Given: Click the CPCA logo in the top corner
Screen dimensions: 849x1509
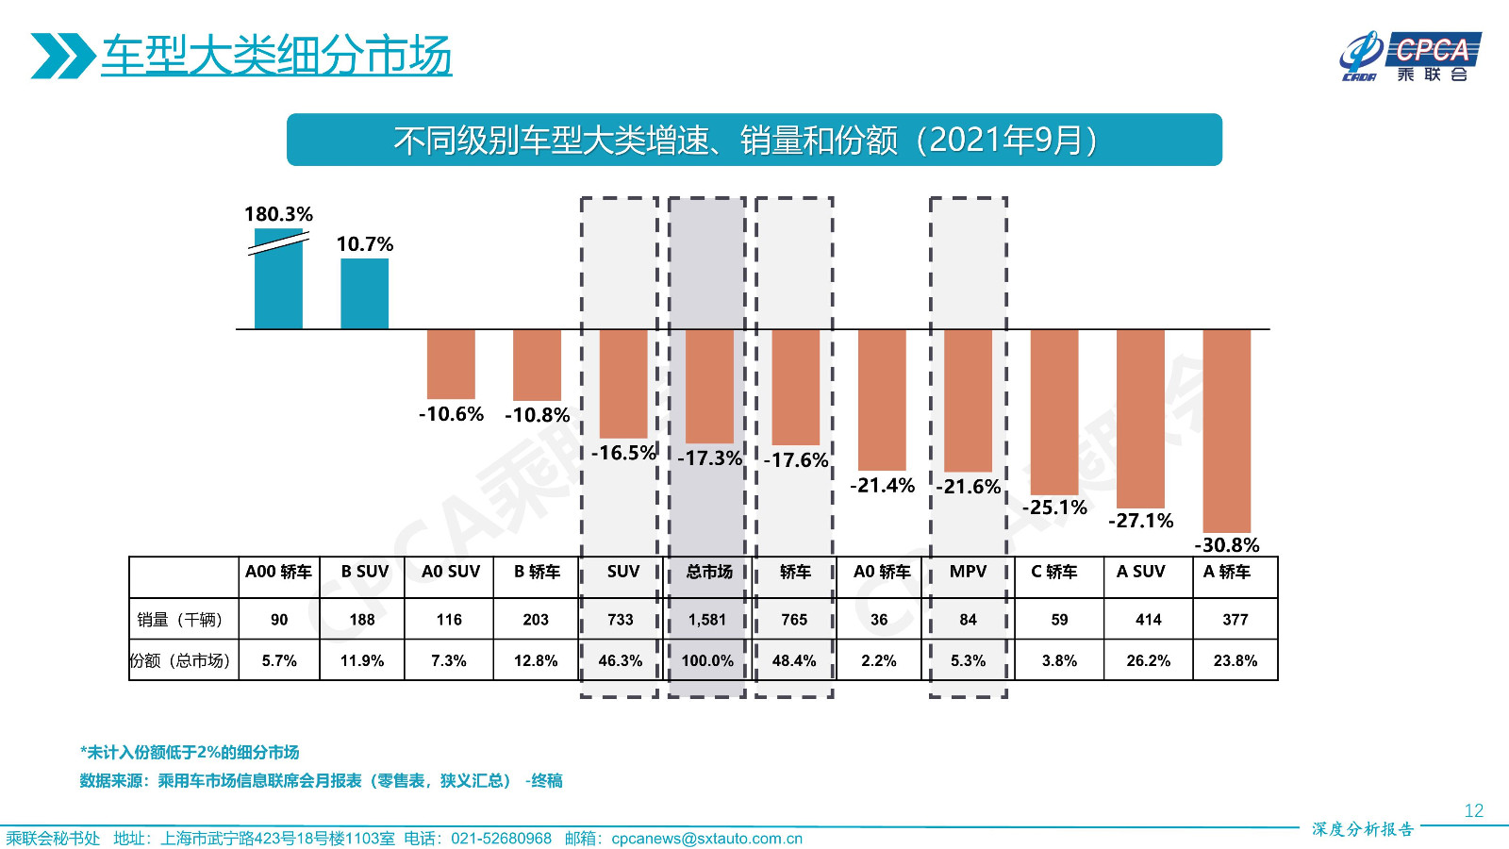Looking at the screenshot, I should click(x=1410, y=57).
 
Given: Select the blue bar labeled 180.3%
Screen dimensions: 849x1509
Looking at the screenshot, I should click(x=278, y=283).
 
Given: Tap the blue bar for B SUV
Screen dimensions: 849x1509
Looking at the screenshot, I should click(x=364, y=293).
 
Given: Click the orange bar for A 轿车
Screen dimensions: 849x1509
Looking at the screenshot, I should click(x=1226, y=430).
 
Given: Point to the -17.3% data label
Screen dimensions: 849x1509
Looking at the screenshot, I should click(x=710, y=458).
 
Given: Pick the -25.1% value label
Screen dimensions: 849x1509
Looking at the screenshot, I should click(x=1054, y=508).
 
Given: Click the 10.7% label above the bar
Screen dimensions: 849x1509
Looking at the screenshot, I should click(x=365, y=244).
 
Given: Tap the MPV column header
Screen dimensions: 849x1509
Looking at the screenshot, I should click(x=968, y=572).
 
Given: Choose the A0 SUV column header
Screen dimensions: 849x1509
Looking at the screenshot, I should click(x=450, y=572).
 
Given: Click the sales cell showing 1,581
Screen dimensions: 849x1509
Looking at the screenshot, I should click(x=707, y=620).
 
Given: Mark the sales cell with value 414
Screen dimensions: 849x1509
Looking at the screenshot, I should click(x=1148, y=620).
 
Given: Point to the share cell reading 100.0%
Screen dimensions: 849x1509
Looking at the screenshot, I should click(x=707, y=661).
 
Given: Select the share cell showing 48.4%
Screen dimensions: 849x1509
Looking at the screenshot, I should click(x=794, y=661).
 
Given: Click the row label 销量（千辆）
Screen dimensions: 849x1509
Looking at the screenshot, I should click(x=180, y=620).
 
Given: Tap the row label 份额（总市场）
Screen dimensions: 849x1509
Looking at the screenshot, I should click(x=180, y=661).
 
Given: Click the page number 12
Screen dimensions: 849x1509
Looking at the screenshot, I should click(x=1473, y=811).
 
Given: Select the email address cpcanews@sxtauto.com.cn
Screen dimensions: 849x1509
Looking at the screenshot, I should click(x=706, y=839).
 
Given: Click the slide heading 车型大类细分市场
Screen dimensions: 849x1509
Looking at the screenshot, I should click(x=276, y=56).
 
